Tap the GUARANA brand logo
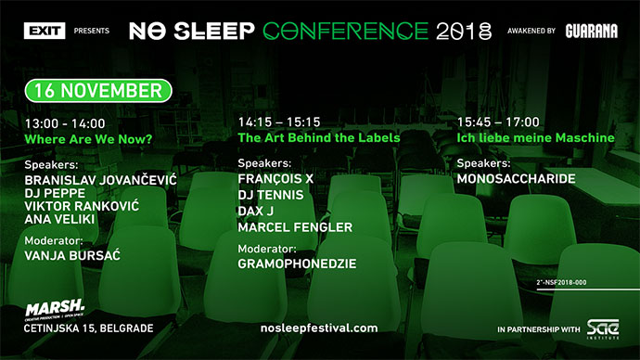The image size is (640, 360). pos(591,31)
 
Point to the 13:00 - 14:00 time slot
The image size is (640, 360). pos(65,122)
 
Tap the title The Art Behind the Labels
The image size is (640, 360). pos(319,137)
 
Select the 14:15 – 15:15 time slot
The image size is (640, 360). pos(278,122)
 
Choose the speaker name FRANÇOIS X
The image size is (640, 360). pos(275,178)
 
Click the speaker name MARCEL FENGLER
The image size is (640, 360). pos(295,226)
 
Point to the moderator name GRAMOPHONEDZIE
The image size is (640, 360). pos(297,264)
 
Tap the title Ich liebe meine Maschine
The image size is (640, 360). pos(535,137)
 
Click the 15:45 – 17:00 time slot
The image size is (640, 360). pos(496,122)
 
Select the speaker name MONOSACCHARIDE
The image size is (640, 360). pos(517,178)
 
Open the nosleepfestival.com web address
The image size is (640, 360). pos(320,328)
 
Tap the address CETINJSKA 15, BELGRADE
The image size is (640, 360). pos(89,328)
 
